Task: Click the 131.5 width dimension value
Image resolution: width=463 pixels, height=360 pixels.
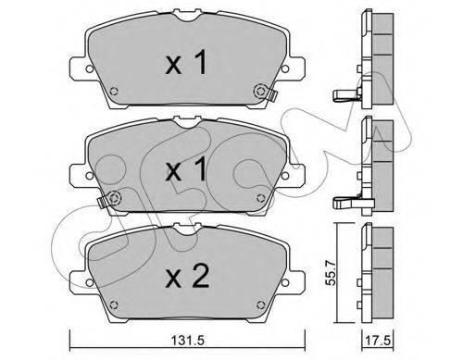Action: [188, 341]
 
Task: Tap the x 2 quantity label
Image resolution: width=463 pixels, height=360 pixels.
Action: [188, 277]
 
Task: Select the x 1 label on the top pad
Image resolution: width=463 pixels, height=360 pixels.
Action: [186, 63]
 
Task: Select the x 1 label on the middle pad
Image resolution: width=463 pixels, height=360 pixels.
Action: [186, 168]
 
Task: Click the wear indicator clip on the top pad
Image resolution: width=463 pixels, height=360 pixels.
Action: [272, 93]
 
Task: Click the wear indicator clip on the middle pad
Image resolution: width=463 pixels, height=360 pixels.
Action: [102, 201]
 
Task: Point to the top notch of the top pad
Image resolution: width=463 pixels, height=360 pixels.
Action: [188, 15]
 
